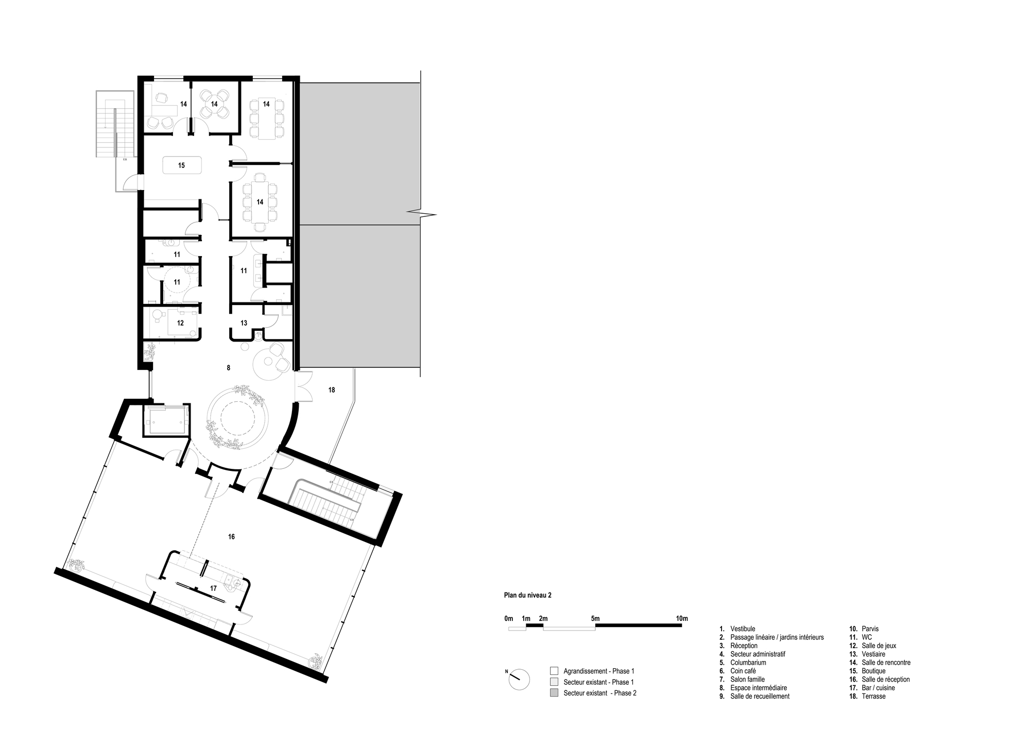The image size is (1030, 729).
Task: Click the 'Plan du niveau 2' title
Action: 527,595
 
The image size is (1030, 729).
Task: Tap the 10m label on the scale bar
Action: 681,618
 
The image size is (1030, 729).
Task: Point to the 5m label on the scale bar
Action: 595,618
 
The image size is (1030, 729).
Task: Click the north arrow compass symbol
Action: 519,680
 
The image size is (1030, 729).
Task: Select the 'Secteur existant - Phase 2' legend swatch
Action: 554,693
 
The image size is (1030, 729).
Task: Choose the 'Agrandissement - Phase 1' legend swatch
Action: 554,671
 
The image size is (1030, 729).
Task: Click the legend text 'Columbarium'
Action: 748,663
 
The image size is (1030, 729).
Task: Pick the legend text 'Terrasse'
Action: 873,696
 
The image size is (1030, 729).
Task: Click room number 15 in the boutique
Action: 181,165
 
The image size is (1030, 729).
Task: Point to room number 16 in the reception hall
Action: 231,537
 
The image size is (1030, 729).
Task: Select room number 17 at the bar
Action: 213,588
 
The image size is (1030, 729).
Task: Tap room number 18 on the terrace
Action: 332,390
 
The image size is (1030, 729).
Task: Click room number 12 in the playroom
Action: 180,323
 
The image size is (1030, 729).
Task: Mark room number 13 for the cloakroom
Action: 244,323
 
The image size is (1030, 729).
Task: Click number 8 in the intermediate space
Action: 228,368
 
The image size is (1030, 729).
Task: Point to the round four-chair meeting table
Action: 214,104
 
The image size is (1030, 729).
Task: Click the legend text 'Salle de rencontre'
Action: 886,663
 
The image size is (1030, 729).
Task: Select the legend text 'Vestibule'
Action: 743,629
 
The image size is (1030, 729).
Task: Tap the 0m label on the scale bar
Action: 509,618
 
